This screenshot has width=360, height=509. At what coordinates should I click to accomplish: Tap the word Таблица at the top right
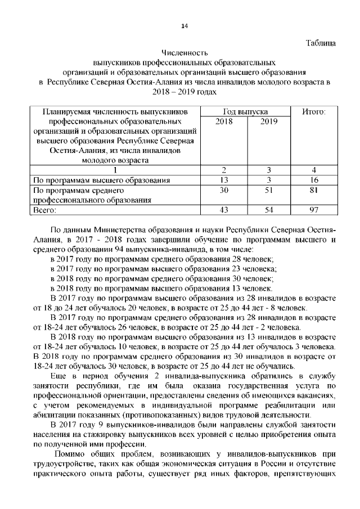tap(321, 43)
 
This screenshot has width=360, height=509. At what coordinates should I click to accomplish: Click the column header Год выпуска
tap(245, 112)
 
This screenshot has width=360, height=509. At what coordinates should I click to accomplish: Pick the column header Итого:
tap(314, 112)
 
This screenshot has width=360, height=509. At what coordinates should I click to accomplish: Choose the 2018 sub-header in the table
tap(224, 121)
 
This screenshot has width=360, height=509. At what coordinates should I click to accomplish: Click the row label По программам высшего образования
tap(102, 180)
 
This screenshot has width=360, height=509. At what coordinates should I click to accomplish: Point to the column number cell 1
tap(115, 170)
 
